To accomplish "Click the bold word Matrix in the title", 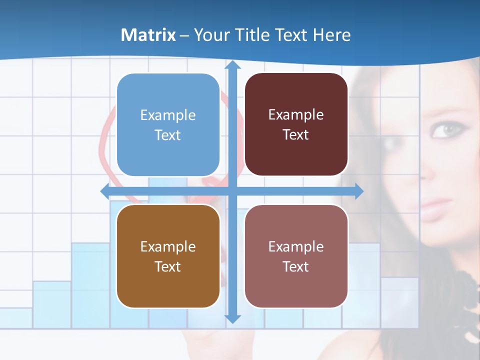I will pyautogui.click(x=148, y=35).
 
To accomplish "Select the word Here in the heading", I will pyautogui.click(x=331, y=35).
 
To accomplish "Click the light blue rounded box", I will pyautogui.click(x=168, y=125).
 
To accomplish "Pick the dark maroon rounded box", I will pyautogui.click(x=296, y=124).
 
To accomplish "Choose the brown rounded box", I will pyautogui.click(x=168, y=256).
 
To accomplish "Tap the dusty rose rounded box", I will pyautogui.click(x=296, y=256).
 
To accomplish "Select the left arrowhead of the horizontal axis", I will pyautogui.click(x=105, y=191).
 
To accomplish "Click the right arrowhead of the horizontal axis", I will pyautogui.click(x=359, y=191).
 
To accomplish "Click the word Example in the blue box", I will pyautogui.click(x=168, y=115).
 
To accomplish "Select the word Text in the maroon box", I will pyautogui.click(x=296, y=135).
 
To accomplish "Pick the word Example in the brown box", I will pyautogui.click(x=168, y=246).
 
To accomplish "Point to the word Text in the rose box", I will pyautogui.click(x=296, y=266).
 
